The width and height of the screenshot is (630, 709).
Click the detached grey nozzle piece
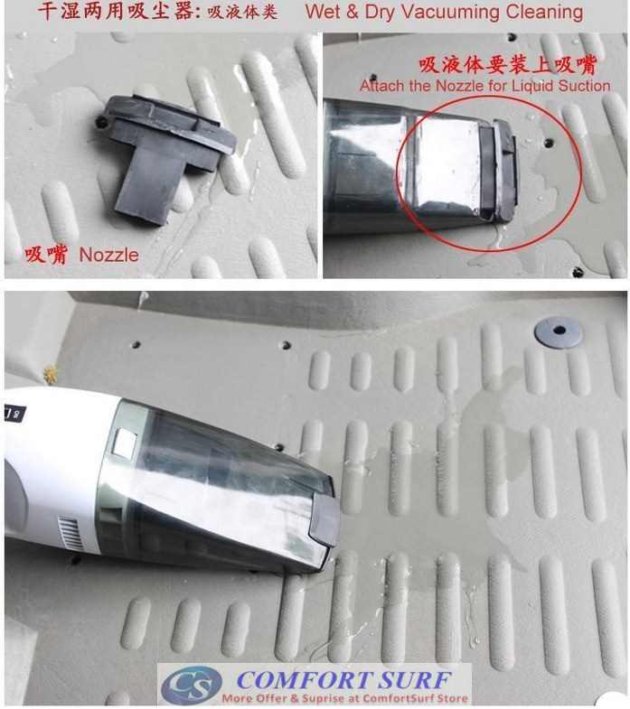(x=163, y=154)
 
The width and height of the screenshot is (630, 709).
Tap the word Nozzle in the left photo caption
(x=109, y=256)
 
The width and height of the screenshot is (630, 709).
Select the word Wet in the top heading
(x=324, y=13)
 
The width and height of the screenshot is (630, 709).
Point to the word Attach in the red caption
(x=381, y=87)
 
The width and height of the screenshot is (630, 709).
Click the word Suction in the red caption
(x=583, y=87)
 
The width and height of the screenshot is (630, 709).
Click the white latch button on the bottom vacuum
(x=125, y=443)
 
